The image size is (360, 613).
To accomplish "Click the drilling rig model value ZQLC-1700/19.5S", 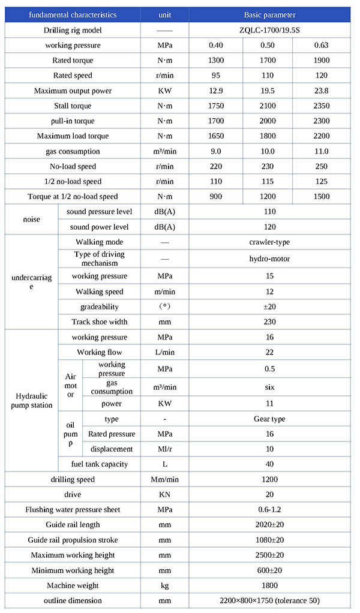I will [269, 30].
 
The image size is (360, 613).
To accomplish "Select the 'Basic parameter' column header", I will [269, 14].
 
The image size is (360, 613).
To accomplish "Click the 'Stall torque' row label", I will [73, 106].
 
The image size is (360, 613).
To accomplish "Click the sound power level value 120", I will [269, 227].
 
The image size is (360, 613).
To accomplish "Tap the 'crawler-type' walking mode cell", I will [269, 242].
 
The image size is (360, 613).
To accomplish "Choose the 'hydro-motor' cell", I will [269, 259].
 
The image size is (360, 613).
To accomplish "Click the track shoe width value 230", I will [269, 321].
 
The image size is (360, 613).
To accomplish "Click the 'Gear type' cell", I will [269, 419].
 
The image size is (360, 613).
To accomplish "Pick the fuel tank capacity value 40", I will [269, 464].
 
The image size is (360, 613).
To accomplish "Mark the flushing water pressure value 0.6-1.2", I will [269, 509].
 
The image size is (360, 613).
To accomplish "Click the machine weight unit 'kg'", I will [164, 585].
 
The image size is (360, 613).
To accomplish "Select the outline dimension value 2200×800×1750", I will [269, 600].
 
